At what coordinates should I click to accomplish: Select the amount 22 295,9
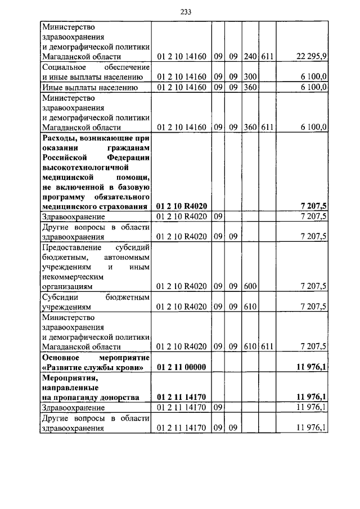pyautogui.click(x=312, y=57)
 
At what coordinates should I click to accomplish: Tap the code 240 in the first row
pyautogui.click(x=250, y=57)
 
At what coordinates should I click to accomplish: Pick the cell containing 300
pyautogui.click(x=250, y=77)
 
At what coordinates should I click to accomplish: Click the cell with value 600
pyautogui.click(x=250, y=286)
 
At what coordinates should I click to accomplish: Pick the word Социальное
pyautogui.click(x=64, y=67)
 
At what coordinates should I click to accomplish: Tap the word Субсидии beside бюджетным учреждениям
pyautogui.click(x=59, y=296)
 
